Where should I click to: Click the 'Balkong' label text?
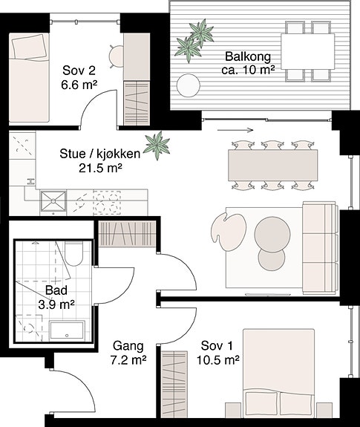[x=248, y=56]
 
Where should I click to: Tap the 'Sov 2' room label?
[x=79, y=71]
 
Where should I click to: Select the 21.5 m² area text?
[x=100, y=168]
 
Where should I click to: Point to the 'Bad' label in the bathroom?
[x=56, y=290]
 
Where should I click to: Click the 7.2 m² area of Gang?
[x=128, y=360]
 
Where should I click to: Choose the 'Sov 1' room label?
[x=217, y=346]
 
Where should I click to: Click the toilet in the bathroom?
[x=73, y=253]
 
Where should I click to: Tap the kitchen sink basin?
[x=53, y=201]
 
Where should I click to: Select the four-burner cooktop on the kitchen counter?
[x=107, y=202]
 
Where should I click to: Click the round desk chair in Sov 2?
[x=117, y=56]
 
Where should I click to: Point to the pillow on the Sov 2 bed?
[x=29, y=46]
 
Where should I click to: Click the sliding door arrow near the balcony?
[x=235, y=130]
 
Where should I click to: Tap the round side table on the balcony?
[x=189, y=85]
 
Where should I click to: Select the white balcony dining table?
[x=307, y=51]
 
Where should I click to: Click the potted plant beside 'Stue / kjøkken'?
[x=157, y=145]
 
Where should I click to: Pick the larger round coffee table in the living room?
[x=272, y=234]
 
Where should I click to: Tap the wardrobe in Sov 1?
[x=174, y=388]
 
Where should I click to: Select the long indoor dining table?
[x=273, y=165]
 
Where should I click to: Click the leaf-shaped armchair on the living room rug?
[x=229, y=232]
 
